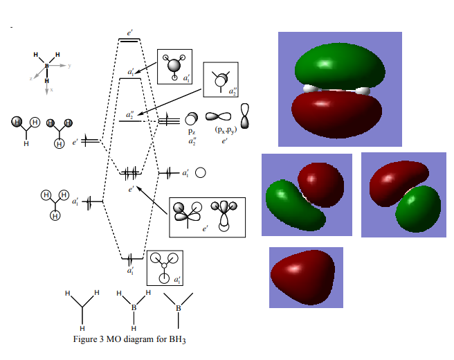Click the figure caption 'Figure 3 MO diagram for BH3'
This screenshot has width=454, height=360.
point(130,339)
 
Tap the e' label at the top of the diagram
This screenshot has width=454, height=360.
point(129,33)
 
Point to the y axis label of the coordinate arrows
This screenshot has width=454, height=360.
point(70,65)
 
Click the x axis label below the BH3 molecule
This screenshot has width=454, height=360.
point(51,90)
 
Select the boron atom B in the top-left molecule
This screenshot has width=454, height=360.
point(47,66)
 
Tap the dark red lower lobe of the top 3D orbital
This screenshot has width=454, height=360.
point(336,114)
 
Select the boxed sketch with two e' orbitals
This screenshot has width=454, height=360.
point(208,215)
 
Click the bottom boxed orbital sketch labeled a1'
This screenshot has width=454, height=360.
point(165,268)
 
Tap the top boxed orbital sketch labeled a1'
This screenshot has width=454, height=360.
point(174,66)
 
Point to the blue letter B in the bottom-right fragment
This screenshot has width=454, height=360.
point(178,307)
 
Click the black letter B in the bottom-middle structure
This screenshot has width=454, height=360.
point(134,307)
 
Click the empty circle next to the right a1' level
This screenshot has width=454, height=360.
point(200,172)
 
